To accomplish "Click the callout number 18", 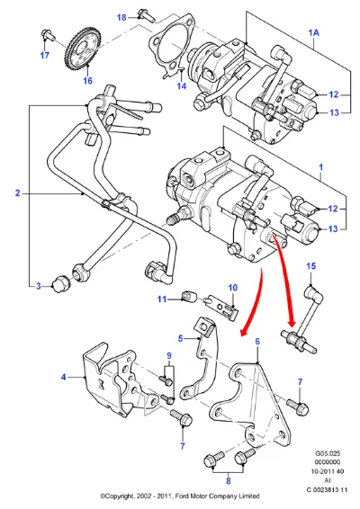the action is [x=121, y=17].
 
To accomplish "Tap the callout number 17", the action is [x=44, y=55].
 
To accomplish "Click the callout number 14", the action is [x=182, y=85].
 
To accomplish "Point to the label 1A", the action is [x=314, y=32].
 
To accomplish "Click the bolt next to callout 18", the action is [x=147, y=15].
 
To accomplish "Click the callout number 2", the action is [x=17, y=193].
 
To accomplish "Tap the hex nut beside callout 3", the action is [x=61, y=285].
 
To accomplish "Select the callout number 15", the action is [x=310, y=266].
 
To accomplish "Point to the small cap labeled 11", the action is [x=188, y=297].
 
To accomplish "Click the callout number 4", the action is [x=63, y=377].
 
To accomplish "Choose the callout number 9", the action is [x=169, y=355].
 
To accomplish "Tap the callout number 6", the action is [x=257, y=341].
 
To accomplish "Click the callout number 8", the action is [x=228, y=480].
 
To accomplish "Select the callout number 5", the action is [x=181, y=338].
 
